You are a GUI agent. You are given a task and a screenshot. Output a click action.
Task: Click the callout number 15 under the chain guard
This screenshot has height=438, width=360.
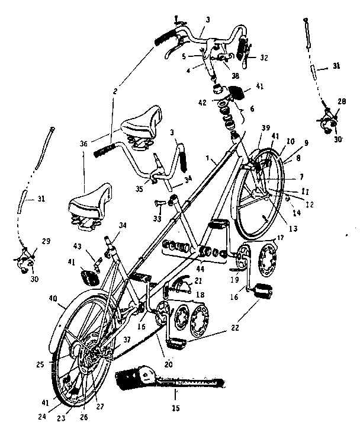(x=175, y=408)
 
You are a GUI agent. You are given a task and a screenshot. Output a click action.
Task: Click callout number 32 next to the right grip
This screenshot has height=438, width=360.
(x=263, y=58)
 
